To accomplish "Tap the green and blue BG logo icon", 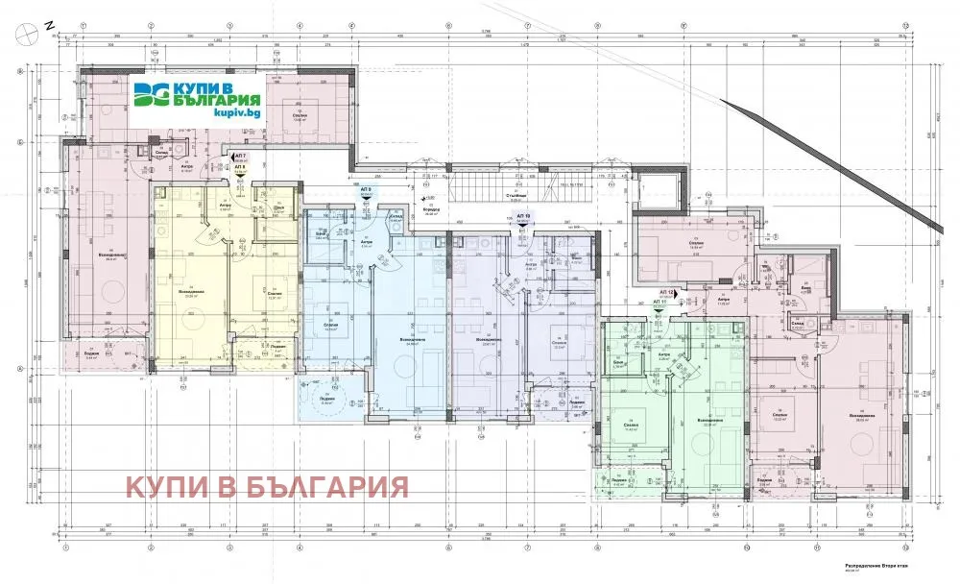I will [x=150, y=97].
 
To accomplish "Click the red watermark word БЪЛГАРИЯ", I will [x=328, y=487].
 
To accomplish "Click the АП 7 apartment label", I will [x=240, y=156].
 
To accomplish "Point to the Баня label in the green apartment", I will [x=618, y=363].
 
